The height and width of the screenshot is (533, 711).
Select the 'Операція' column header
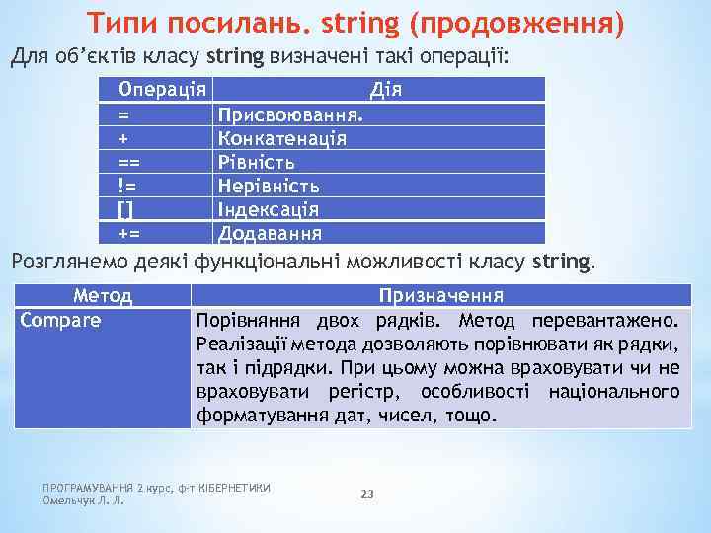tap(162, 90)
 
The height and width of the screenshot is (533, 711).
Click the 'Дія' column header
tap(384, 90)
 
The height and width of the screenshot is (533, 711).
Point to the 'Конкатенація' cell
tap(282, 138)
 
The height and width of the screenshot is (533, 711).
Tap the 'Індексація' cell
tap(269, 209)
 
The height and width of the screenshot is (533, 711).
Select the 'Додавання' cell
tap(269, 233)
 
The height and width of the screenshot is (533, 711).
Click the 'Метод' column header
tap(103, 295)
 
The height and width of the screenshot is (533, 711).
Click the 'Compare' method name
tap(60, 320)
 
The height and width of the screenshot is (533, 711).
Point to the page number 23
tap(367, 494)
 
